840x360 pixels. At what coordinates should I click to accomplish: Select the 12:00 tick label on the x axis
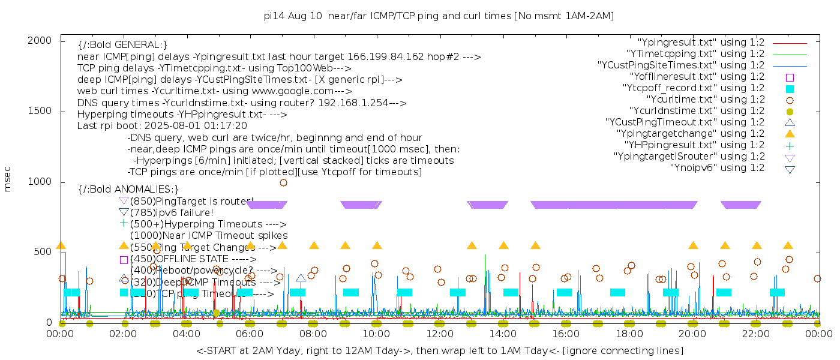click(440, 334)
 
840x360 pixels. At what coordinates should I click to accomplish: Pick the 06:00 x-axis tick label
click(250, 334)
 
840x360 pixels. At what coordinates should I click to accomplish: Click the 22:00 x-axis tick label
click(756, 334)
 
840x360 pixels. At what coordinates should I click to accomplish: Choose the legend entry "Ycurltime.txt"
click(705, 100)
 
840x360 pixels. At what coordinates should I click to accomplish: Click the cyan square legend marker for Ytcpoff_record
click(790, 88)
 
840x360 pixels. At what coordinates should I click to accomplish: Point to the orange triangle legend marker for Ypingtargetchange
click(790, 133)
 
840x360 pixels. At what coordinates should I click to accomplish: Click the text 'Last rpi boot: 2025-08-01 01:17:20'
click(162, 126)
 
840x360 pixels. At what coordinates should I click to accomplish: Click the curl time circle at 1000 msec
click(283, 182)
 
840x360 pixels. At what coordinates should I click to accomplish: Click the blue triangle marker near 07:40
click(301, 278)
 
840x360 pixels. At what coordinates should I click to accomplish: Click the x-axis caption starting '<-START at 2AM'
click(439, 350)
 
